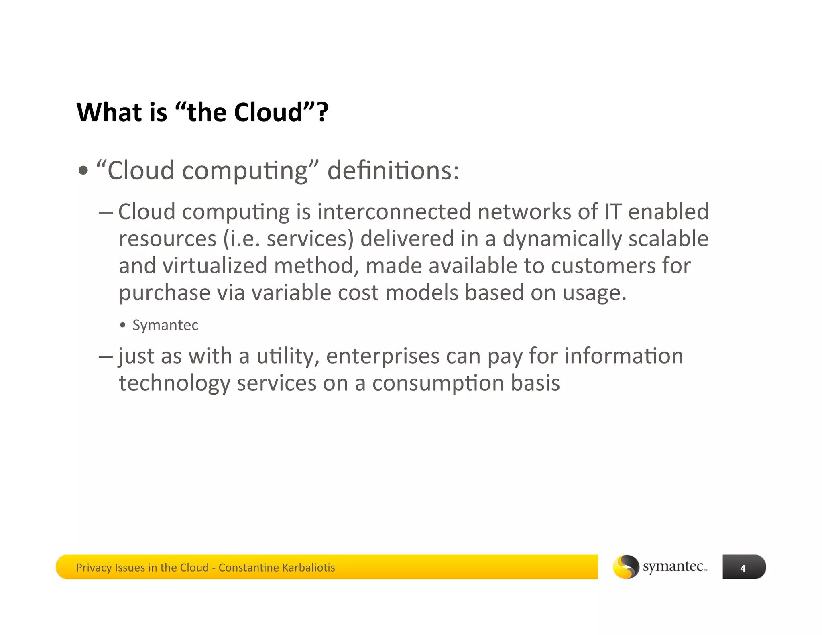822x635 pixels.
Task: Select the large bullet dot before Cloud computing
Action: pos(83,171)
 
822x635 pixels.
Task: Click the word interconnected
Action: pos(394,212)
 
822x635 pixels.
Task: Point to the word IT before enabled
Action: pos(612,212)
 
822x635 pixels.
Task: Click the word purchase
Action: pos(165,293)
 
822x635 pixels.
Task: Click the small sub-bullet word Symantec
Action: pos(165,325)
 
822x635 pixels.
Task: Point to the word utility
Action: pos(287,356)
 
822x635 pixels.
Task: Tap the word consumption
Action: pos(438,383)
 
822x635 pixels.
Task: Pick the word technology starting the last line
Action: pos(175,383)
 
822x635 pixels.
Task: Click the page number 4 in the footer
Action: pos(743,568)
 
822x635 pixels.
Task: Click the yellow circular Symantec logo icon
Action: pos(626,567)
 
